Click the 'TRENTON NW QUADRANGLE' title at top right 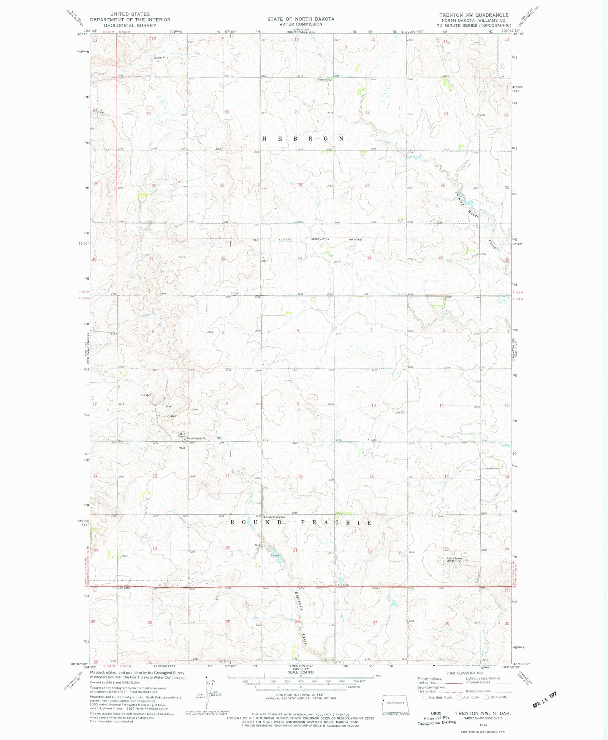474,15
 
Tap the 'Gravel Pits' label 160,58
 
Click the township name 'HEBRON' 303,139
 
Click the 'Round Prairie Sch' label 275,517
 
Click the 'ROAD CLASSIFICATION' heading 464,673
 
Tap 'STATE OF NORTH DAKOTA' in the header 301,19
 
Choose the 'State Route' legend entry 495,697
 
